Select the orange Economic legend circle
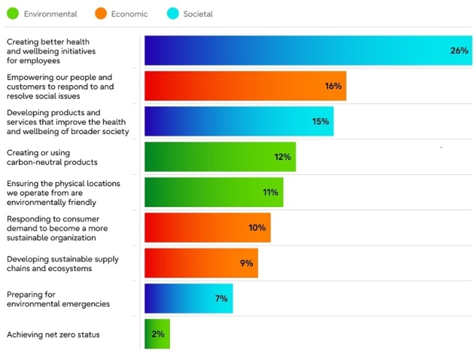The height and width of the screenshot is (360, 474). point(101,14)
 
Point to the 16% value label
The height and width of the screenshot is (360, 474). point(333,86)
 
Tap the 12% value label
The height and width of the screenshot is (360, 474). point(283,157)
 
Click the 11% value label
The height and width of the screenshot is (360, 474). point(271,192)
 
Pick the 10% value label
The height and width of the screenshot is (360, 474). point(257,227)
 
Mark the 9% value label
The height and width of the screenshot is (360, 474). point(246,263)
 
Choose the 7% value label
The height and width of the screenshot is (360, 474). point(221,298)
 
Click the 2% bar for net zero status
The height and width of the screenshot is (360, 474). point(157,334)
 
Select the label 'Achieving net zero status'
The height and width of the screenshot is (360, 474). point(53,334)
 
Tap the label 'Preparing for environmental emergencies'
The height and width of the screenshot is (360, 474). point(58,299)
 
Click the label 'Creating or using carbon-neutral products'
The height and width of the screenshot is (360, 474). point(52,157)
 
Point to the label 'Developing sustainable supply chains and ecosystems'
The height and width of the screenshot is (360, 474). point(63,263)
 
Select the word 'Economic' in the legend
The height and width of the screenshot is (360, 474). point(130,14)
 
